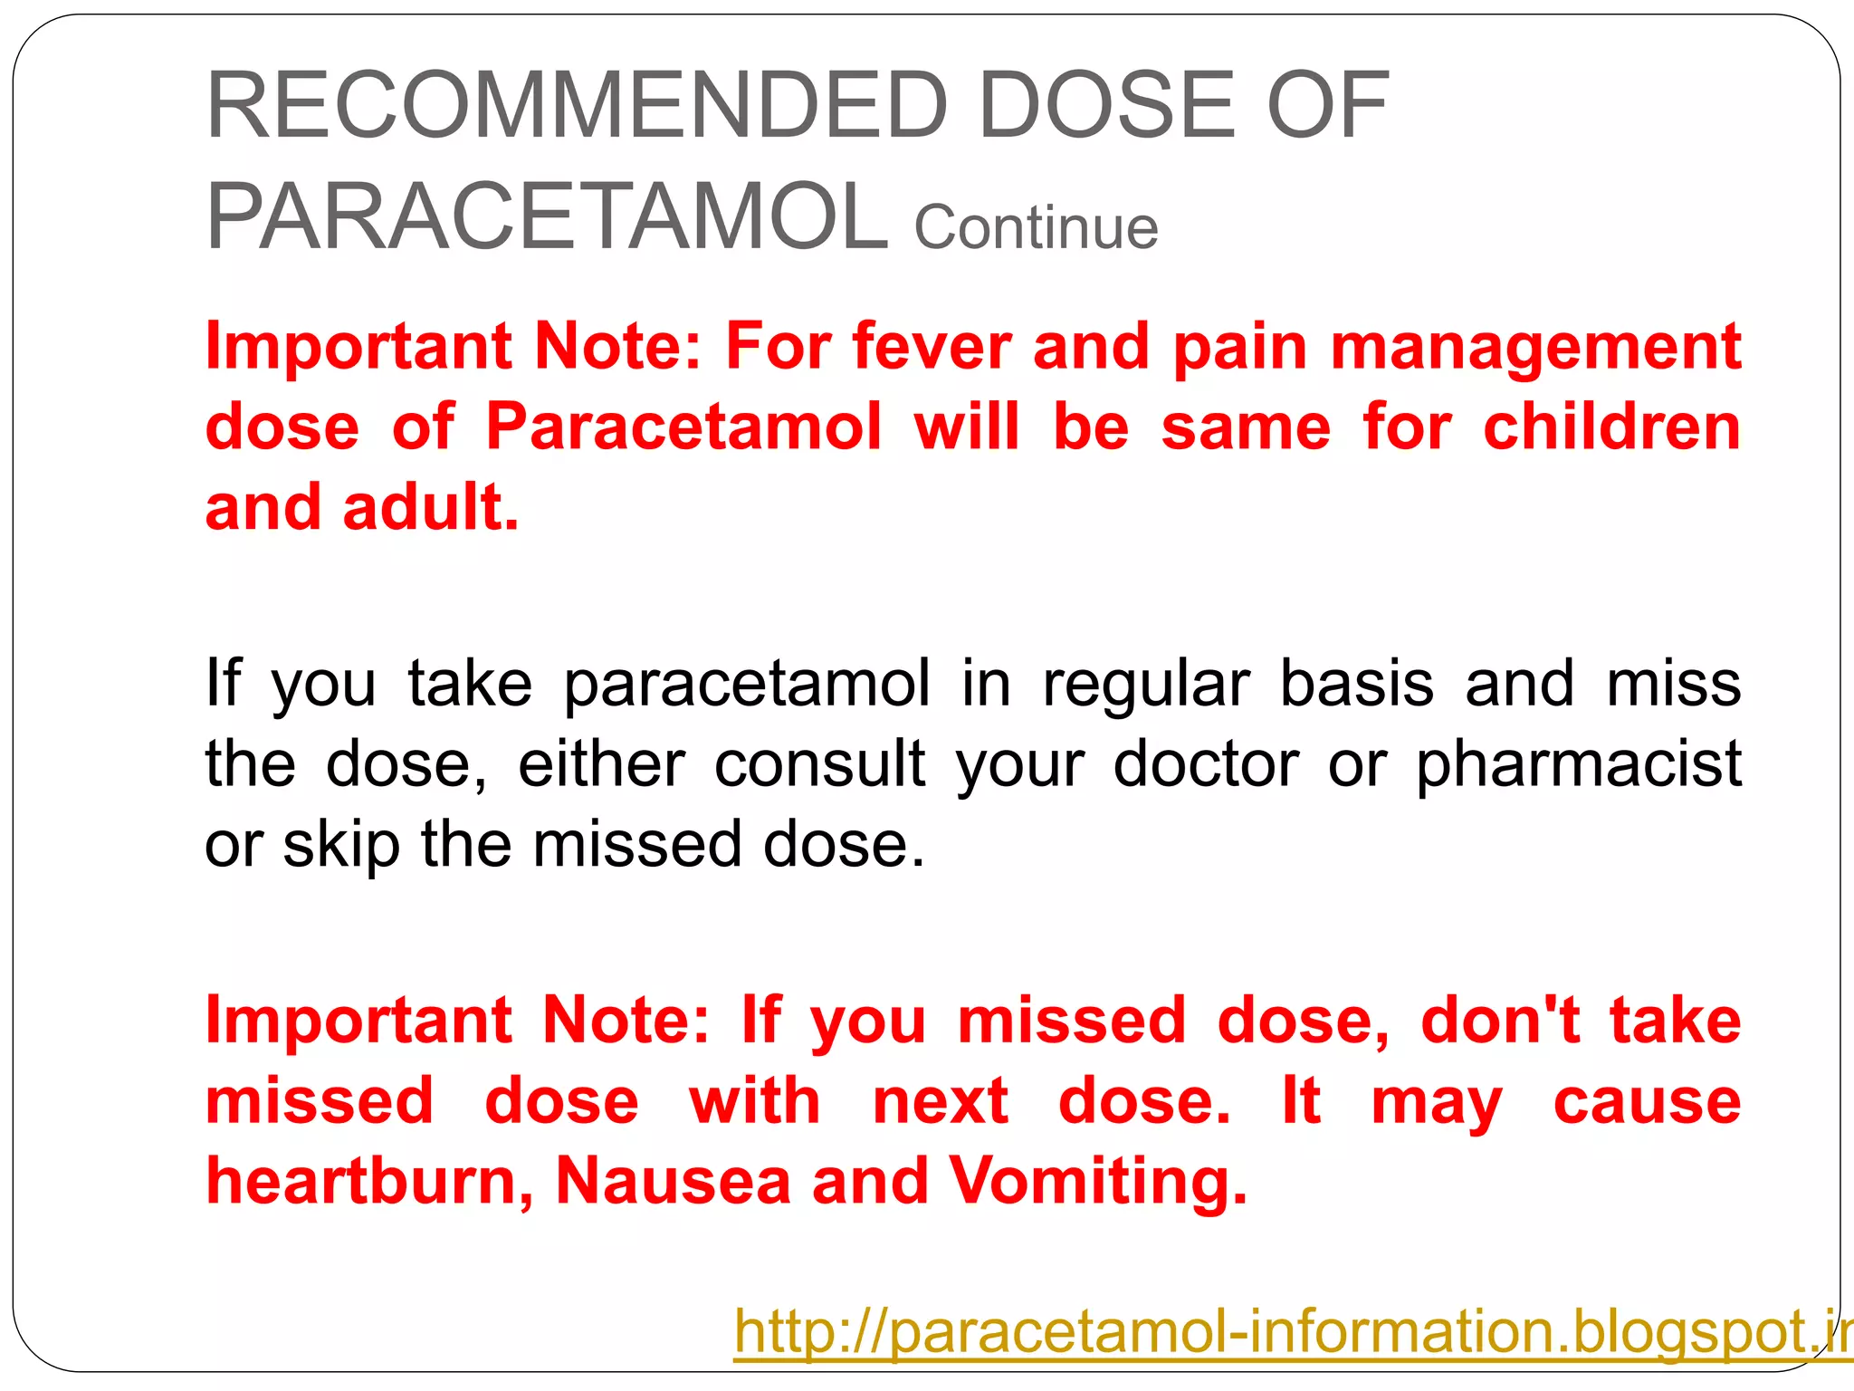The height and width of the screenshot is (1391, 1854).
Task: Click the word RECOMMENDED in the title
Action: [578, 106]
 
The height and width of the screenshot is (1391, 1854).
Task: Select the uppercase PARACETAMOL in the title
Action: [548, 217]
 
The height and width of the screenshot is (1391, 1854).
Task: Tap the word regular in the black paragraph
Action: [1146, 685]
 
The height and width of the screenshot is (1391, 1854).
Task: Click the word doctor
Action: [1206, 764]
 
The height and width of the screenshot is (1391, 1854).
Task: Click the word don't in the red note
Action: [1500, 1021]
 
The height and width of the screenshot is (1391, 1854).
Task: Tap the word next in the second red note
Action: [940, 1102]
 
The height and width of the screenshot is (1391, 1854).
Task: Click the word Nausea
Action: [673, 1182]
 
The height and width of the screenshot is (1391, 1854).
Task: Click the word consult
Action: [820, 764]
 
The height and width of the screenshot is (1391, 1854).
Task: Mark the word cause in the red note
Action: [1647, 1102]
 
